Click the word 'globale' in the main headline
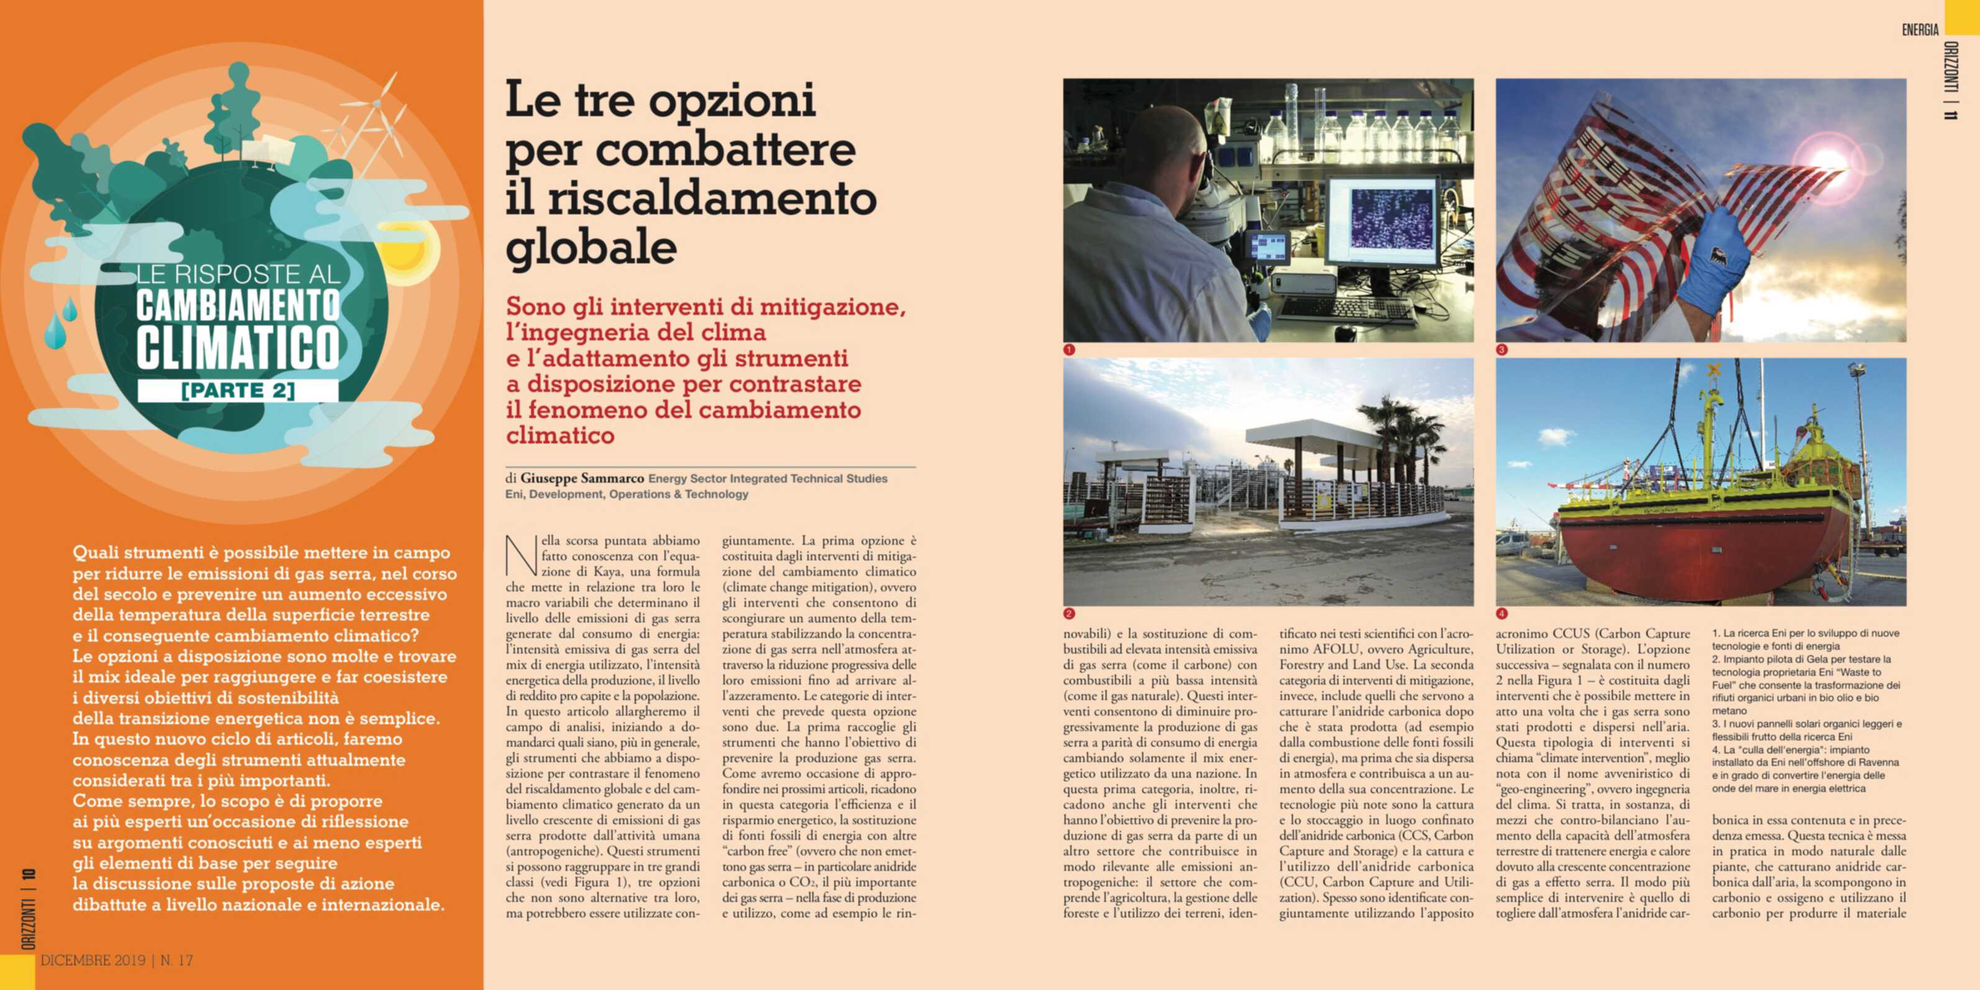coord(591,247)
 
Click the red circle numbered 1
coord(1068,350)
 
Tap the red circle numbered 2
coord(1068,614)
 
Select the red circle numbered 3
coord(1501,350)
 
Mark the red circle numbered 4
coord(1501,614)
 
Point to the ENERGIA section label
coord(1920,30)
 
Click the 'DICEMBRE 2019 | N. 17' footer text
coord(116,960)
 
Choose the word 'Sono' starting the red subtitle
coord(536,307)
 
